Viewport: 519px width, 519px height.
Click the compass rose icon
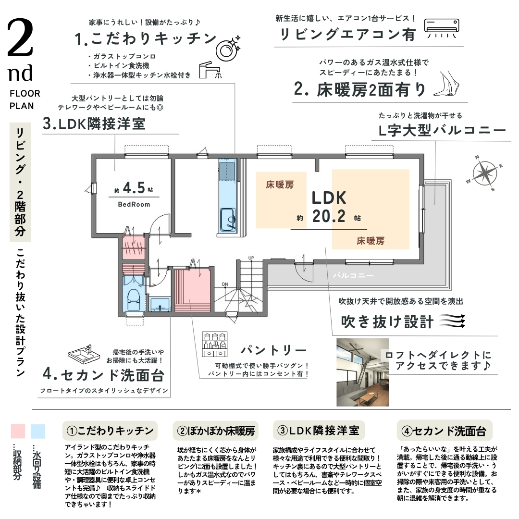(x=484, y=173)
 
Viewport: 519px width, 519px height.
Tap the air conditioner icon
(x=442, y=28)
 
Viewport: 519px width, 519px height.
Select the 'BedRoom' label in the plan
(x=134, y=205)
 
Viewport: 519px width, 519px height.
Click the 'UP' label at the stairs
(x=251, y=258)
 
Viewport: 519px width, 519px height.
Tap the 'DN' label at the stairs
(x=225, y=284)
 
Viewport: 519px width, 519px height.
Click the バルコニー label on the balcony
(x=353, y=275)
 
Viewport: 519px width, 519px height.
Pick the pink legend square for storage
(x=18, y=431)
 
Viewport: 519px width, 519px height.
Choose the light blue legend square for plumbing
(x=38, y=431)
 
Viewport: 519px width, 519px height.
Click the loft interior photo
(x=362, y=372)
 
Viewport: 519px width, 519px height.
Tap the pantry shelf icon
(x=215, y=344)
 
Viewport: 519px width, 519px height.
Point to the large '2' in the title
(x=20, y=37)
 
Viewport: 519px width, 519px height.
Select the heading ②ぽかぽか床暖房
(x=216, y=431)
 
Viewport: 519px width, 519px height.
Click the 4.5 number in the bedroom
(x=134, y=188)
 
